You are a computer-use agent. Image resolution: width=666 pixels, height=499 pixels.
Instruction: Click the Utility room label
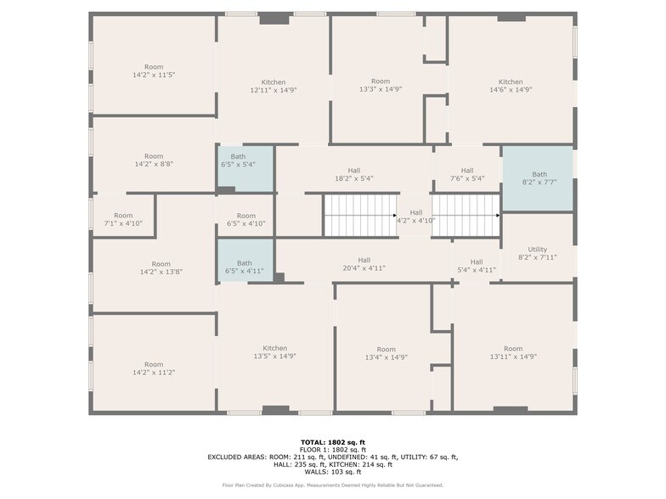(537, 253)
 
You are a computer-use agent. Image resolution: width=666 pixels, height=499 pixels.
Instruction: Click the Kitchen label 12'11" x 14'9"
(274, 87)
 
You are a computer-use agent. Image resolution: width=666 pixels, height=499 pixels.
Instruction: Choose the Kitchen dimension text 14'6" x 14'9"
(511, 90)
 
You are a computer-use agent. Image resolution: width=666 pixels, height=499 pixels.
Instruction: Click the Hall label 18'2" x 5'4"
(353, 175)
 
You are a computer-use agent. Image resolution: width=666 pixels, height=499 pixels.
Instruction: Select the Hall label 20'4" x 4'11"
(364, 264)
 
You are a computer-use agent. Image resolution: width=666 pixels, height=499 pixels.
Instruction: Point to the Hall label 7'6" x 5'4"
(467, 175)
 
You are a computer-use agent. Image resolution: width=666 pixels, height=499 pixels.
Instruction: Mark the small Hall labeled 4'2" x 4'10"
(416, 216)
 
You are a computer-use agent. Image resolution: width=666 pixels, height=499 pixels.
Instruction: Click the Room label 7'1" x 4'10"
(123, 219)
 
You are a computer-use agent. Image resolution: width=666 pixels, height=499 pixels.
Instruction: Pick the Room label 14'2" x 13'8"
(161, 268)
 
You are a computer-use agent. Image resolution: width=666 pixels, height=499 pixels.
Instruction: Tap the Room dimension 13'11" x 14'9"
(513, 356)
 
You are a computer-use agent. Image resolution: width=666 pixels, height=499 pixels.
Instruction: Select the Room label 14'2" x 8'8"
(154, 160)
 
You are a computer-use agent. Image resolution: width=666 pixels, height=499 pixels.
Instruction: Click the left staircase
(360, 216)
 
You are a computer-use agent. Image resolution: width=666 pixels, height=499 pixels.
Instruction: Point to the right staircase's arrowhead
(498, 216)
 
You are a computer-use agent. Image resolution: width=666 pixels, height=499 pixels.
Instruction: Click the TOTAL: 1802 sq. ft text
(333, 442)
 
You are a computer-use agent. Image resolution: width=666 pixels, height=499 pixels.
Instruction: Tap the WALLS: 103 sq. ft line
(333, 472)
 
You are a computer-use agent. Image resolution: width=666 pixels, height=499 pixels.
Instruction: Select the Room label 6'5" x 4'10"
(246, 219)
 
